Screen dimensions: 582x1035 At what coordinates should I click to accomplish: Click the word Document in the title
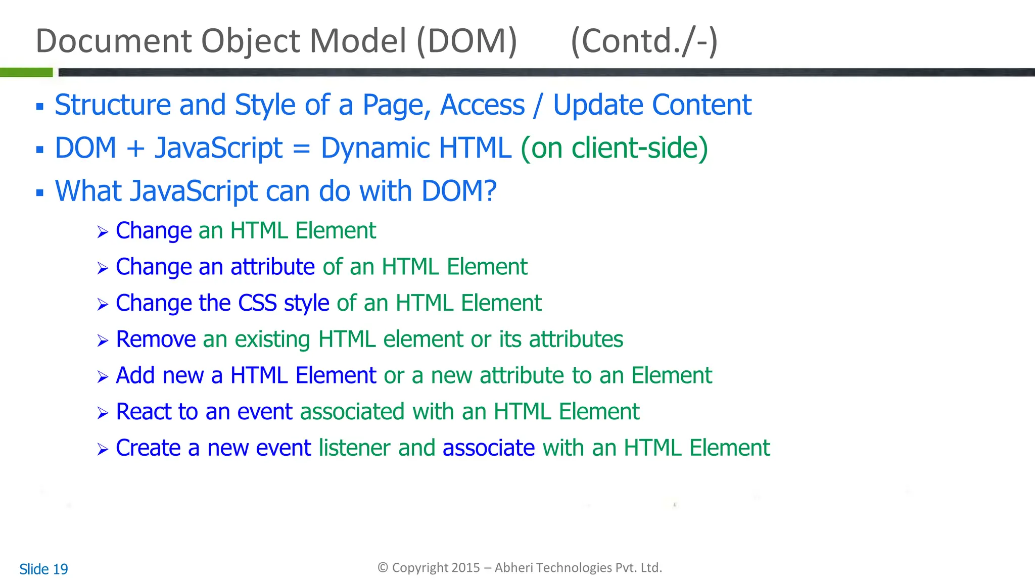click(114, 41)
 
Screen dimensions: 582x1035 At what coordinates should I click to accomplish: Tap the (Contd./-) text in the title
click(644, 41)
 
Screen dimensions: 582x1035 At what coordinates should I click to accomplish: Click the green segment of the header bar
click(26, 72)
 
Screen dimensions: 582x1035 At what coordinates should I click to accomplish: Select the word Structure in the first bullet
click(113, 105)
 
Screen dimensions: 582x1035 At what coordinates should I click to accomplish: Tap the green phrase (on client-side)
click(614, 149)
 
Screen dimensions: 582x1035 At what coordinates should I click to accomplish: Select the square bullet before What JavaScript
click(40, 192)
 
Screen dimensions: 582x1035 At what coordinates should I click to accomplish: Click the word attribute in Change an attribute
click(273, 267)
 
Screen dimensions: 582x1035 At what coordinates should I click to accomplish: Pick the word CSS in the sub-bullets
click(257, 303)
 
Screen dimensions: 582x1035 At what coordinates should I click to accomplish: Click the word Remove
click(156, 339)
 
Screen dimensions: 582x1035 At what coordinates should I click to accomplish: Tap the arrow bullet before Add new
click(103, 377)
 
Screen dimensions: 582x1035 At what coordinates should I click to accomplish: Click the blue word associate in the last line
click(488, 448)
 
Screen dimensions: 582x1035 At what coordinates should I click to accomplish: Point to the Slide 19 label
click(43, 569)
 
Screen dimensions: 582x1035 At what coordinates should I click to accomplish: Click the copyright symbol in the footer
click(383, 568)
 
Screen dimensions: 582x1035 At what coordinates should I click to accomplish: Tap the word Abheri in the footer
click(513, 568)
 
